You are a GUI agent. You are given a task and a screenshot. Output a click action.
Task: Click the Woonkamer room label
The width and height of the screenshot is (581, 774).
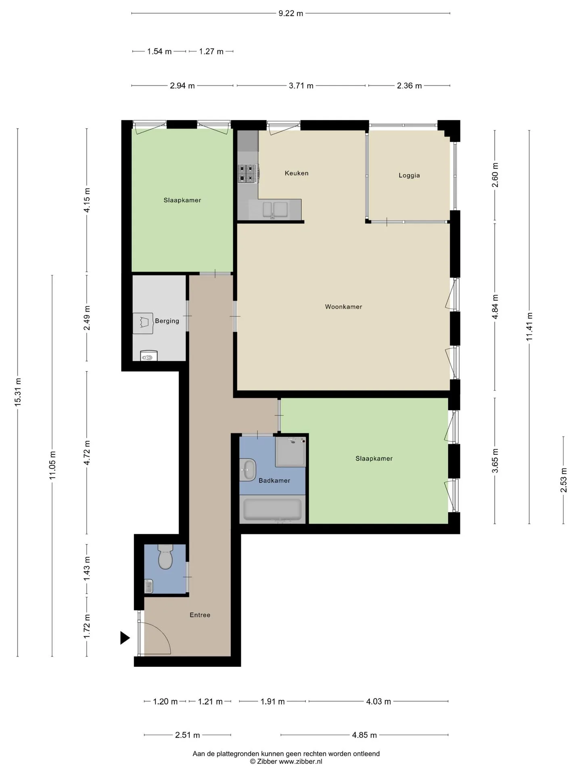coord(343,307)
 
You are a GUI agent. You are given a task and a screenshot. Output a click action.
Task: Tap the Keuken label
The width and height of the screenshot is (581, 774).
coord(297,173)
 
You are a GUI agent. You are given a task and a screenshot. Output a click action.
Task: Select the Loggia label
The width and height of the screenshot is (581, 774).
coord(409,175)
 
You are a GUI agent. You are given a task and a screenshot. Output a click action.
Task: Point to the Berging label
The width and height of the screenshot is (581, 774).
coord(167,321)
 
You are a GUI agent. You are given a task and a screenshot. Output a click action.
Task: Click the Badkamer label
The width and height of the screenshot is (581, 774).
coord(274,481)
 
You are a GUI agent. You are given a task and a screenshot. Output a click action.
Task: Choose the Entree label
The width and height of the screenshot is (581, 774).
coord(200,615)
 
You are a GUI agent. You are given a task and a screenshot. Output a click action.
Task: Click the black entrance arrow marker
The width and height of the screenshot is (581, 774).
coord(125,638)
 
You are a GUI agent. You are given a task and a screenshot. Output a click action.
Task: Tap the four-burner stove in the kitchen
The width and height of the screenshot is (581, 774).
coord(248,173)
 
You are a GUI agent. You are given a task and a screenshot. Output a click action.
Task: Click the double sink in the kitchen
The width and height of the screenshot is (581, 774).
coord(275,210)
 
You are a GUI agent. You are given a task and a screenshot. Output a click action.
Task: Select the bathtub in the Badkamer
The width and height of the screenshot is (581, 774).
coord(272,510)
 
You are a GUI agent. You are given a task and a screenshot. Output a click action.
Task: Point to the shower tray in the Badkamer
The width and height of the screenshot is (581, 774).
coord(290,451)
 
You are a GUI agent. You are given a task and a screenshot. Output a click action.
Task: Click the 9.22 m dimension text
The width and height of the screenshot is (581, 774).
coord(290,13)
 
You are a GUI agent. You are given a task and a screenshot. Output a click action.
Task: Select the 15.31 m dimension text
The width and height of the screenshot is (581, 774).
coord(18,392)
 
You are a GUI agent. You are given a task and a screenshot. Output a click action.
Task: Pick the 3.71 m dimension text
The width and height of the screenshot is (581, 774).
coord(301,85)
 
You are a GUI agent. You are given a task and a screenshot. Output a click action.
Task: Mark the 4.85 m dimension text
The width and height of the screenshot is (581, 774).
coord(364,735)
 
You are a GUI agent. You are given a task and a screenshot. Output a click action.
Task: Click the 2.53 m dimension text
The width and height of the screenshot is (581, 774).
coord(564,480)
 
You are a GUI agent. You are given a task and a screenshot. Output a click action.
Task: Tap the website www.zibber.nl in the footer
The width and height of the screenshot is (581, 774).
coord(301,762)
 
